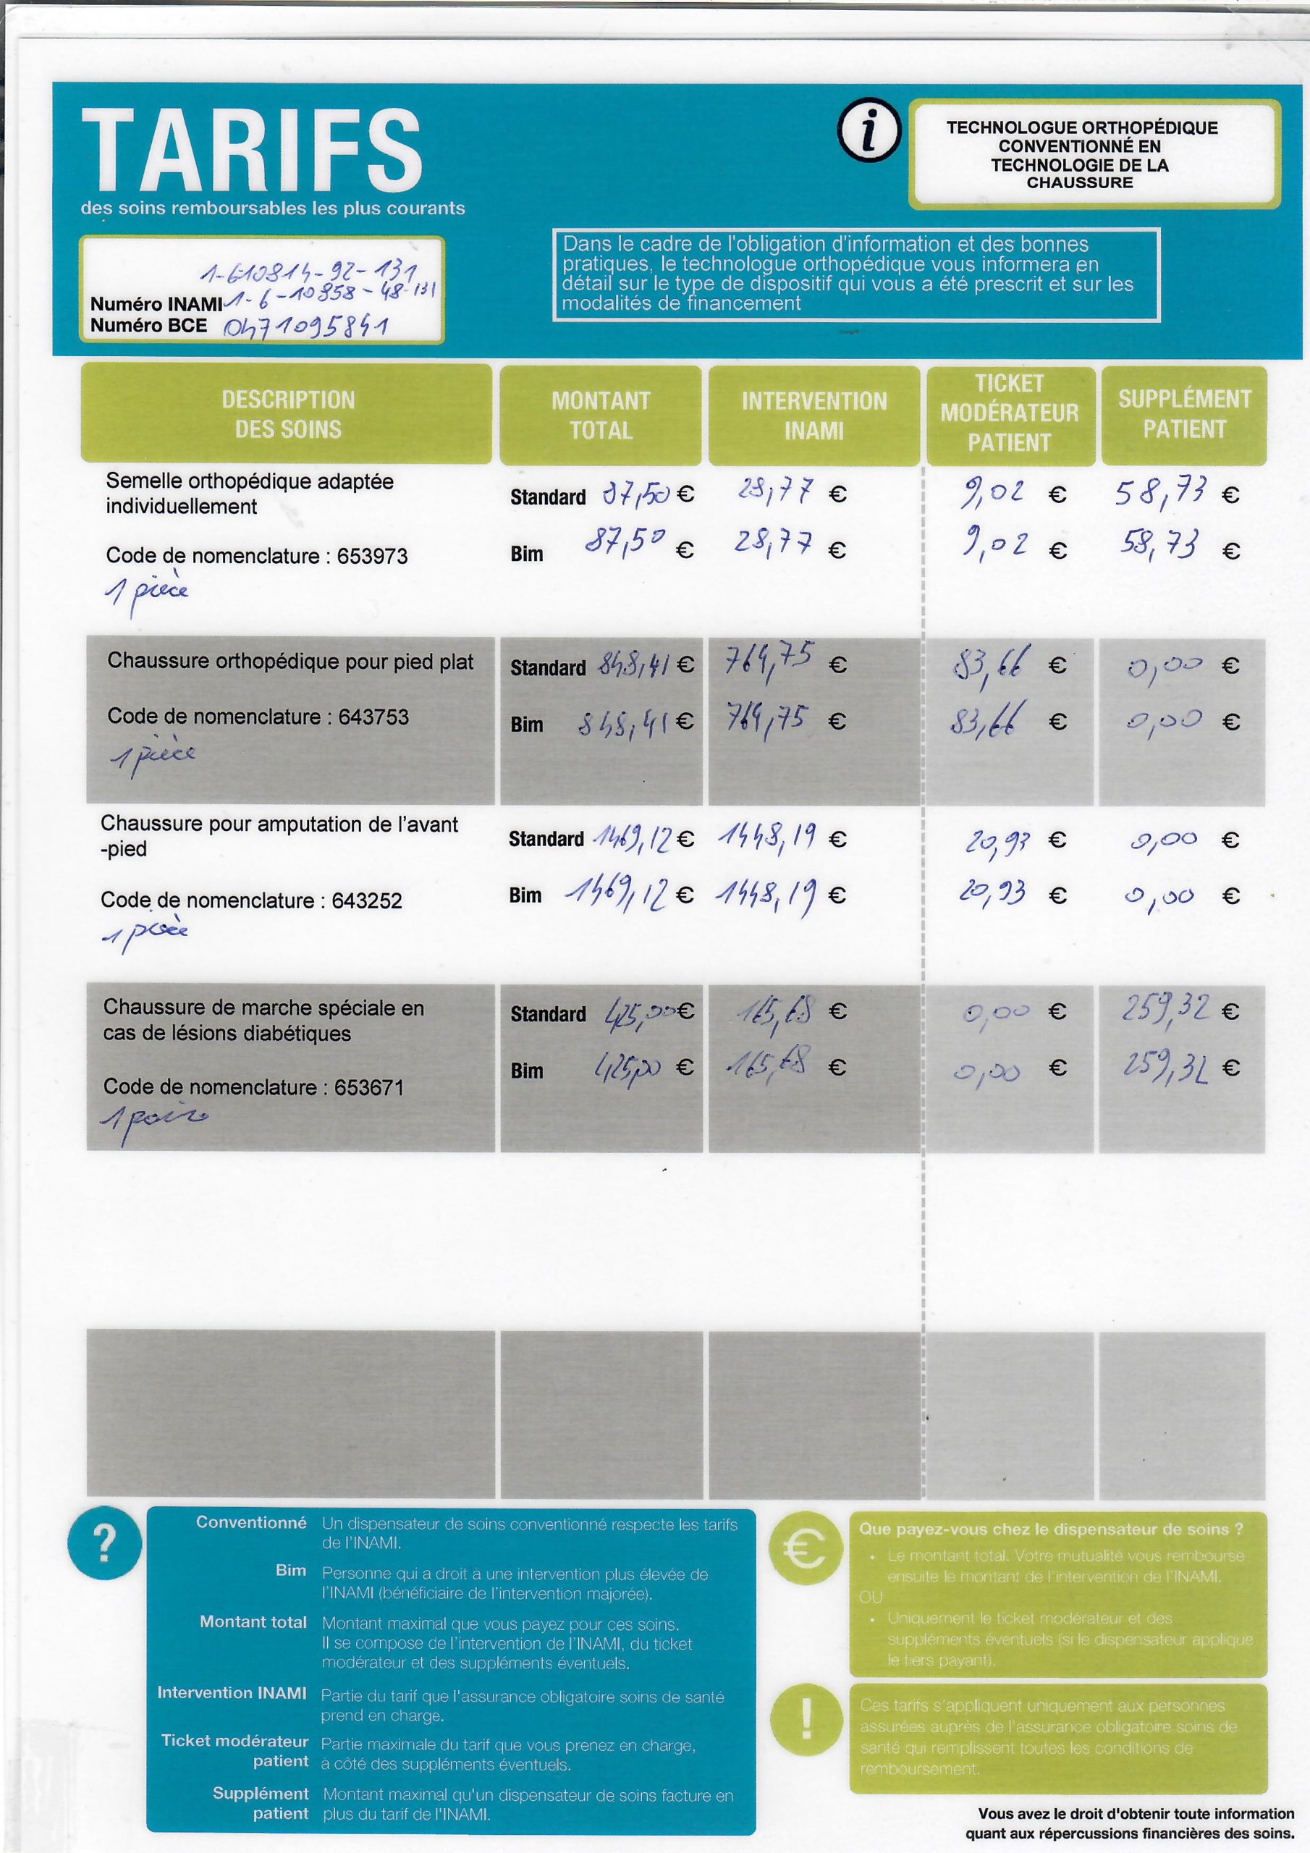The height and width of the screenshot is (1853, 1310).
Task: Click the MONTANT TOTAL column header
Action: pyautogui.click(x=601, y=415)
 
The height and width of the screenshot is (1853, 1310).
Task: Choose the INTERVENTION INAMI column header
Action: pyautogui.click(x=814, y=415)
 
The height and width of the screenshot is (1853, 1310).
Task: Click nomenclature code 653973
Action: pyautogui.click(x=372, y=556)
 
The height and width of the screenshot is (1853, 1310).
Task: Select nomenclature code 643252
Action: pyautogui.click(x=366, y=900)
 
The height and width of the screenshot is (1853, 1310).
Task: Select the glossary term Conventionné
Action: pyautogui.click(x=251, y=1523)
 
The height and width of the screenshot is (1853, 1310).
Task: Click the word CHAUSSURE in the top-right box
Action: pyautogui.click(x=1080, y=182)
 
